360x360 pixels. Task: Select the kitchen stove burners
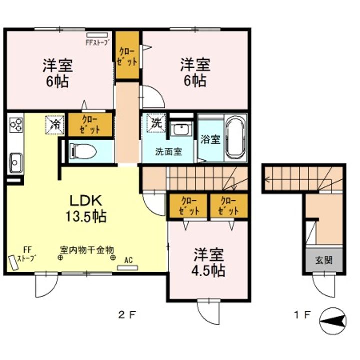[x=16, y=125]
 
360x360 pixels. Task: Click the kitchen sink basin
[x=16, y=163]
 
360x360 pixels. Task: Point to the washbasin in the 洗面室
[x=181, y=129]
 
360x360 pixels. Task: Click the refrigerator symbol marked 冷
[x=55, y=125]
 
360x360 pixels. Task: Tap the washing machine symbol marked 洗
[x=157, y=123]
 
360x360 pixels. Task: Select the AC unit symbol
[x=127, y=268]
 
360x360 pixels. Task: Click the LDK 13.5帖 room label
[x=86, y=208]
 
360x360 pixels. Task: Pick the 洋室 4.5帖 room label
[x=208, y=262]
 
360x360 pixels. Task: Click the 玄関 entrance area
[x=324, y=260]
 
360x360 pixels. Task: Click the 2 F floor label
[x=127, y=315]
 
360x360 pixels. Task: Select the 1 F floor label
[x=302, y=315]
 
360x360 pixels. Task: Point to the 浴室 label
[x=210, y=139]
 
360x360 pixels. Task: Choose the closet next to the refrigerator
[x=90, y=125]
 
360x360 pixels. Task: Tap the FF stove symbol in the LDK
[x=14, y=263]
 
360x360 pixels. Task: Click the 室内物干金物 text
[x=87, y=250]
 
